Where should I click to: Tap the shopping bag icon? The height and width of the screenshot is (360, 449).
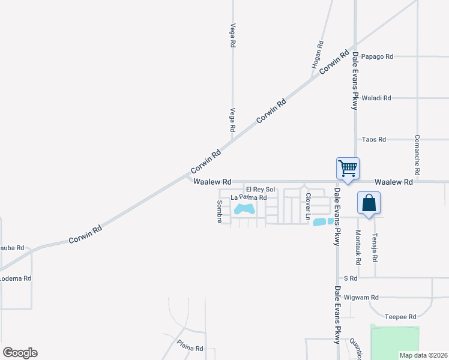369,203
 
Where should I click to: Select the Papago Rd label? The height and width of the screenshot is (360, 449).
381,57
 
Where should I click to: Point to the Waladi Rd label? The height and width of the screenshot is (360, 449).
379,98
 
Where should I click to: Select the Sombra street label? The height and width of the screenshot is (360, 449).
219,212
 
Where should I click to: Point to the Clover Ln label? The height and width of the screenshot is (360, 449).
308,205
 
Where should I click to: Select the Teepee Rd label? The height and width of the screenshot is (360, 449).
400,317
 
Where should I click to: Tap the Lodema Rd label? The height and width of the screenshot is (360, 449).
15,278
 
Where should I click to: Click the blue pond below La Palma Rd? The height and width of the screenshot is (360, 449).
244,210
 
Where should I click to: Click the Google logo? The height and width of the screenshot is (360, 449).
20,353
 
